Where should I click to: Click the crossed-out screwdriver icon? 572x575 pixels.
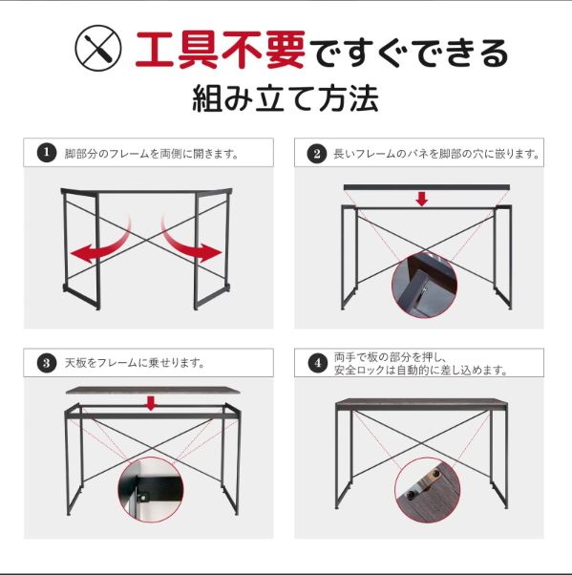[x=98, y=48]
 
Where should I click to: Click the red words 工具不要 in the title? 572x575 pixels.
[x=221, y=50]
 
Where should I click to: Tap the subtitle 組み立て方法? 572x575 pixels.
[x=286, y=98]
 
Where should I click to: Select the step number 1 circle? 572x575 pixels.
[x=47, y=152]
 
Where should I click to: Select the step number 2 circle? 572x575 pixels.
[x=317, y=153]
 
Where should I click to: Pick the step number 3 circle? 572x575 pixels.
[x=47, y=363]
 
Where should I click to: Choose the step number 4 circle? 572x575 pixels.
[x=318, y=363]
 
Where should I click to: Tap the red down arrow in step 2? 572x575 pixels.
[x=422, y=199]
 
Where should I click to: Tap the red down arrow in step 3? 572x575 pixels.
[x=151, y=403]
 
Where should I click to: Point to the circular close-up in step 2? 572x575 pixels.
[x=424, y=286]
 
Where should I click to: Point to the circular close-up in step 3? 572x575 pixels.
[x=150, y=490]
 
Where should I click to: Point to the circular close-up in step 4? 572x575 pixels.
[x=428, y=490]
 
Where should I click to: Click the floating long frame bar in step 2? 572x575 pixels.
[x=427, y=187]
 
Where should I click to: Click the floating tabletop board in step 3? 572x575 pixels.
[x=154, y=390]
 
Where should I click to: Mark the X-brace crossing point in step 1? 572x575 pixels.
[x=147, y=240]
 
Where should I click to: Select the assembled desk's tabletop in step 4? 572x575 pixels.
[x=422, y=404]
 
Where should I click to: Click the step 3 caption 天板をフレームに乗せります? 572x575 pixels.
[x=135, y=363]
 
